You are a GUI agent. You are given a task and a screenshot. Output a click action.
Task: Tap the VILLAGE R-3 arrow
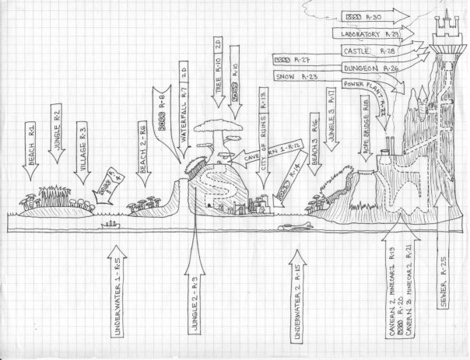(x=82, y=152)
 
